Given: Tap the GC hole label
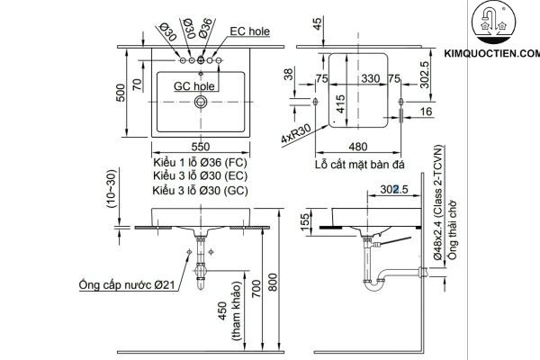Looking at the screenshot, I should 193,86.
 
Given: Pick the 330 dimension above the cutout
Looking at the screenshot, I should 358,78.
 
